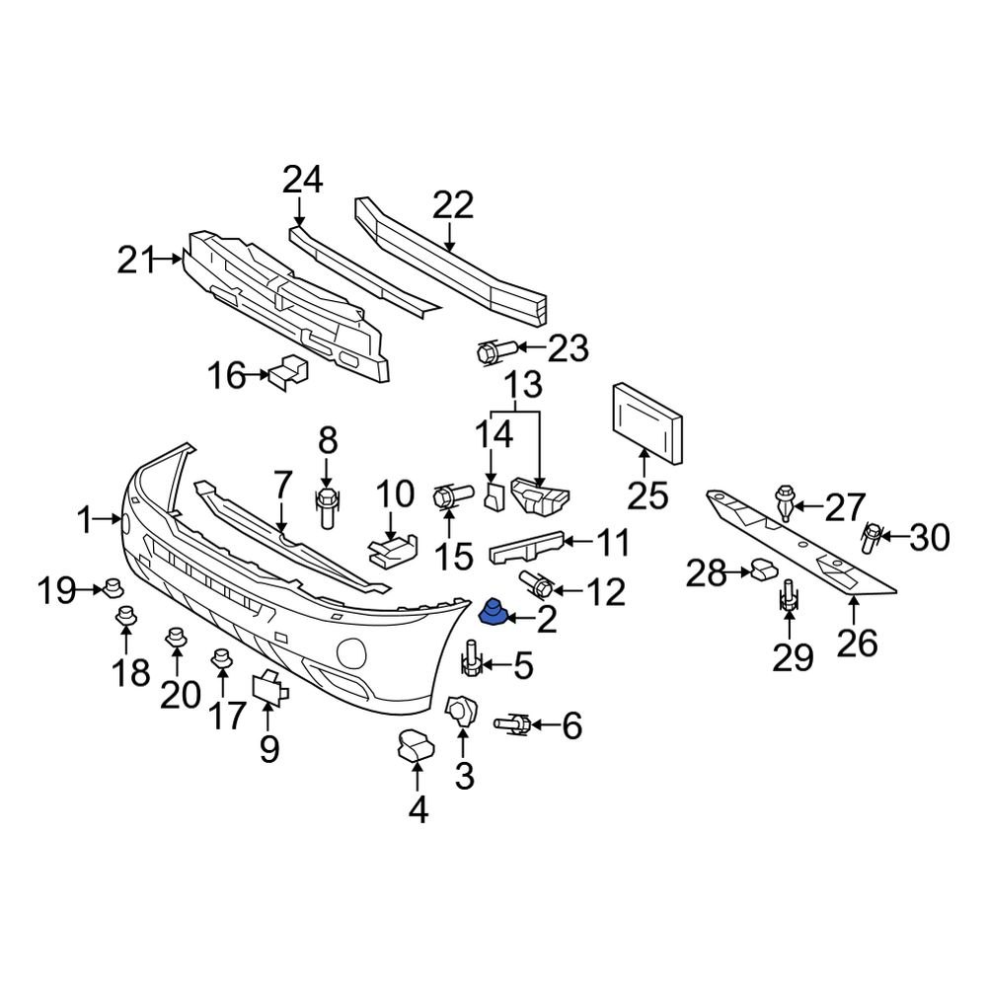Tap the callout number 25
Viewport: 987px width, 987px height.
pyautogui.click(x=648, y=493)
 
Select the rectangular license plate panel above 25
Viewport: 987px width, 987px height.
pyautogui.click(x=647, y=422)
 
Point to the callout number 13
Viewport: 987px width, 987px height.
pyautogui.click(x=524, y=383)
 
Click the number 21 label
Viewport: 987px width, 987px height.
pyautogui.click(x=137, y=262)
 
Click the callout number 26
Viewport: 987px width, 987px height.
pyautogui.click(x=857, y=643)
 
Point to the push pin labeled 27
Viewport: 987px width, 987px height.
pyautogui.click(x=786, y=500)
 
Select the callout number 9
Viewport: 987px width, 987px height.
pyautogui.click(x=269, y=749)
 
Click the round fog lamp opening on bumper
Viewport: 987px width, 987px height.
pyautogui.click(x=351, y=652)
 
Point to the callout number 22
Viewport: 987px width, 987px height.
pyautogui.click(x=453, y=205)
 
